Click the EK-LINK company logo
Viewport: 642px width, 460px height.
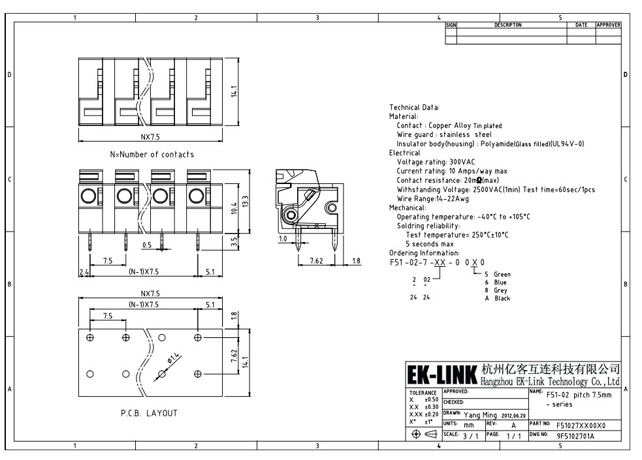point(442,374)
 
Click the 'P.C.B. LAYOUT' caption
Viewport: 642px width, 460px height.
point(149,413)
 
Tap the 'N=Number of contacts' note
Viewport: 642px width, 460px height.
point(152,155)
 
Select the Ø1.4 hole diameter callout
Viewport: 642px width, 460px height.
point(174,358)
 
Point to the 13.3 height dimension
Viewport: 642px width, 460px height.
point(246,202)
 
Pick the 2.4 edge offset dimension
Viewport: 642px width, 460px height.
point(84,271)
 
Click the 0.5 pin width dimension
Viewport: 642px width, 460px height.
point(147,245)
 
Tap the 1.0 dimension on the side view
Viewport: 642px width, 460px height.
point(283,239)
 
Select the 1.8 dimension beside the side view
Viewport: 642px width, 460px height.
point(356,260)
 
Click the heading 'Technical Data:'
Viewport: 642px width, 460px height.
point(414,108)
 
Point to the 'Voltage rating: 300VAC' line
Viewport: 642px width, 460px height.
point(436,162)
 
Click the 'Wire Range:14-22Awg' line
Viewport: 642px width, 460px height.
point(433,199)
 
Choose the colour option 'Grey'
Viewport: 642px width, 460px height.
point(500,290)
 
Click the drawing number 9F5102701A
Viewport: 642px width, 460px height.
point(575,436)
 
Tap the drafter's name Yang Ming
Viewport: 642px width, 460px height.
point(480,415)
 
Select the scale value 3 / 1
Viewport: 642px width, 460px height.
point(470,436)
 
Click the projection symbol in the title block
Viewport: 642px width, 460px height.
point(424,435)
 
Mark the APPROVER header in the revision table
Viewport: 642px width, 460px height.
point(608,25)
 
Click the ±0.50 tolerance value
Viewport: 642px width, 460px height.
point(431,399)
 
